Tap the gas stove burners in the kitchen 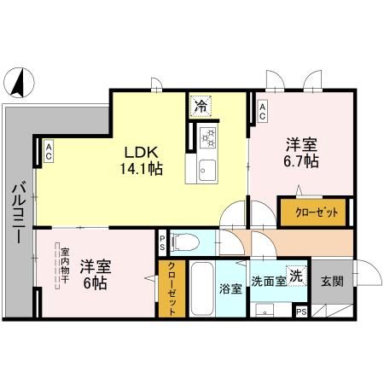click(207, 136)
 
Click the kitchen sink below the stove click(207, 168)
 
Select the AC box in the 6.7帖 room click(262, 109)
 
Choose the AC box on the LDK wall click(49, 152)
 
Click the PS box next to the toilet click(163, 242)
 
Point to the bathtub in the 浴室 click(202, 290)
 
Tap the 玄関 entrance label click(331, 281)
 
